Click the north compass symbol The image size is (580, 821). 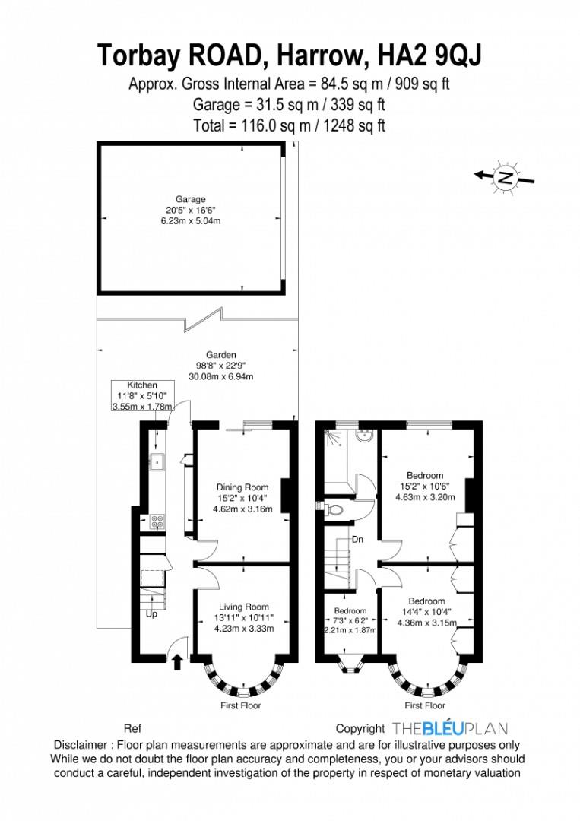point(505,176)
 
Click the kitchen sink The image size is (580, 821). point(157,460)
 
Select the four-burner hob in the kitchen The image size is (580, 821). point(158,521)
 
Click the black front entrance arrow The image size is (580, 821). point(177,661)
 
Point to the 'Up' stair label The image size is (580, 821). point(151,613)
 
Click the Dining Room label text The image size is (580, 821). point(242,487)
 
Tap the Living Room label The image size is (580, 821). point(244,607)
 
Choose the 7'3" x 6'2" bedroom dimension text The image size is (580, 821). point(350,620)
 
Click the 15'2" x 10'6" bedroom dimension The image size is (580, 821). point(425,487)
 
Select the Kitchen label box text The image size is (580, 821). point(142,385)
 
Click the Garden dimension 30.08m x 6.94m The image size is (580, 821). point(221,376)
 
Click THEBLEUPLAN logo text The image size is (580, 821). point(450,728)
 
